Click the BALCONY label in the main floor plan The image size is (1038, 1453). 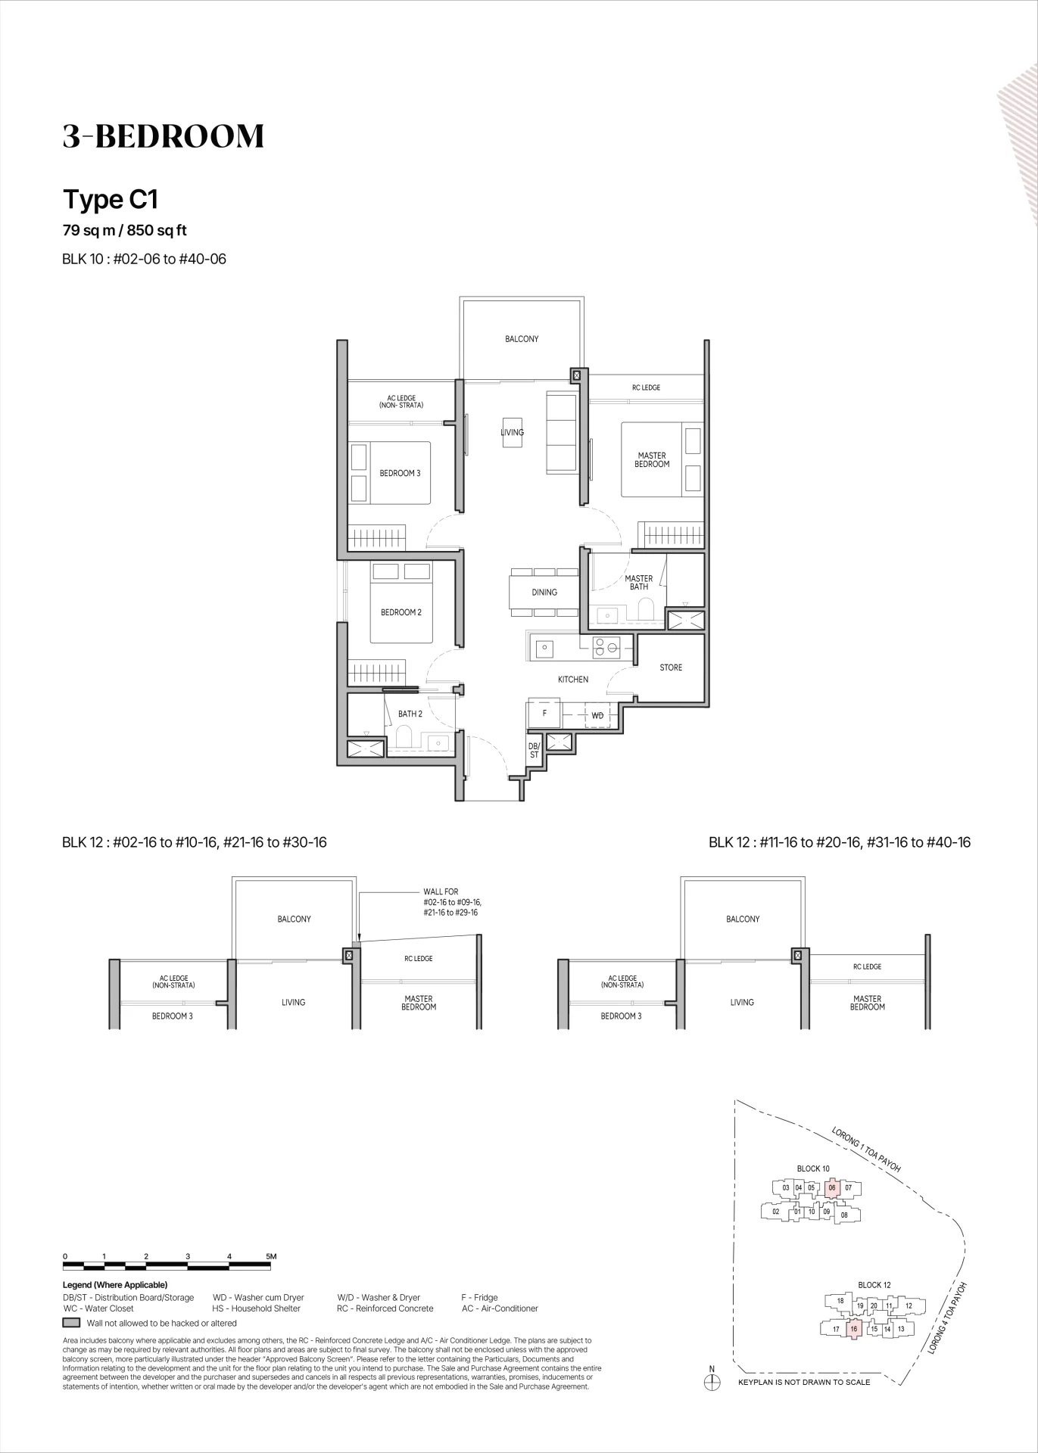[522, 339]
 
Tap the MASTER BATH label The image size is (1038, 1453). [639, 583]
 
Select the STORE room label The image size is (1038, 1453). [671, 667]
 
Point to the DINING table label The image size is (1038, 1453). [544, 593]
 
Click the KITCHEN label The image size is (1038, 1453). [573, 680]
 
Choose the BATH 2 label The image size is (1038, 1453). [410, 714]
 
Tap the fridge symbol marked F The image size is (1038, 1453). [544, 714]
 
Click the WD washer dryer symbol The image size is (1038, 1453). [597, 715]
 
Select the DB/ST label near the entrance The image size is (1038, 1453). [534, 750]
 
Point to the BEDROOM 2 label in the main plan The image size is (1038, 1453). [401, 612]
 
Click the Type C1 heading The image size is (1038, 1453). [111, 200]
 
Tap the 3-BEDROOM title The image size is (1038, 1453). [164, 136]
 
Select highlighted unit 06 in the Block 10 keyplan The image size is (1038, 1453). [832, 1188]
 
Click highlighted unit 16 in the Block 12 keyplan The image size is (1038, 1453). [853, 1329]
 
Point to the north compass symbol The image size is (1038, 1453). [712, 1382]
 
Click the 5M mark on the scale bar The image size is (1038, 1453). [272, 1256]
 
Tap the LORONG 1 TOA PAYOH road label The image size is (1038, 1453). [866, 1150]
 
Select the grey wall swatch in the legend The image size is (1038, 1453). [71, 1323]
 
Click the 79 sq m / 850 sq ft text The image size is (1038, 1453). [125, 230]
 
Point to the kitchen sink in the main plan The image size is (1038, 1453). [544, 648]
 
